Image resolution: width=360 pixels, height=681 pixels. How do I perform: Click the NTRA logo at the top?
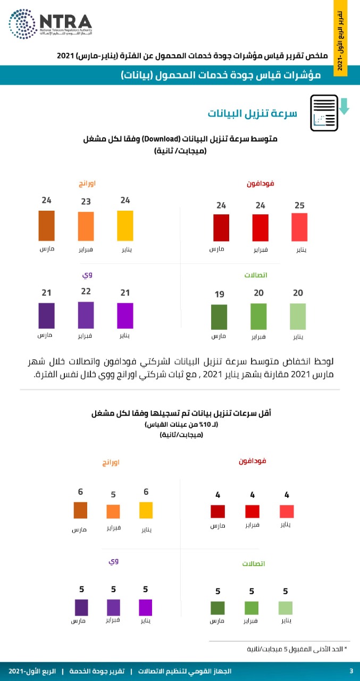pyautogui.click(x=50, y=23)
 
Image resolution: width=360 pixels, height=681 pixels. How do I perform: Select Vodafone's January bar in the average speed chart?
pyautogui.click(x=299, y=228)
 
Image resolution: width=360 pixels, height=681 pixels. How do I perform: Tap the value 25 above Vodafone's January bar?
pyautogui.click(x=299, y=205)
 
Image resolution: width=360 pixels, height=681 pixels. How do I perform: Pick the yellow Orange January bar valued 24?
pyautogui.click(x=125, y=226)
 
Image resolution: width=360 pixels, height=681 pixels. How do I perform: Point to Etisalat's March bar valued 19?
pyautogui.click(x=219, y=317)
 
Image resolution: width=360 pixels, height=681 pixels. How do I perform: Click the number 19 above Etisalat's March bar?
pyautogui.click(x=219, y=294)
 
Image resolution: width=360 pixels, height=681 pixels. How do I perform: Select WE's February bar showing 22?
pyautogui.click(x=86, y=315)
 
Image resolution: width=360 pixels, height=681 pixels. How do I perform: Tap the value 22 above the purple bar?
pyautogui.click(x=86, y=292)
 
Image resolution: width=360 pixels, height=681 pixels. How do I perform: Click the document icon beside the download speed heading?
pyautogui.click(x=324, y=112)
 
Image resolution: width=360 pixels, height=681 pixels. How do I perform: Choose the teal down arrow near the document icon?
pyautogui.click(x=344, y=105)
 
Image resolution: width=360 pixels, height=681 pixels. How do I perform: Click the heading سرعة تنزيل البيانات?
pyautogui.click(x=252, y=113)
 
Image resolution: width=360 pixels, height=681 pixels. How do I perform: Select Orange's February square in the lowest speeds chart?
pyautogui.click(x=113, y=511)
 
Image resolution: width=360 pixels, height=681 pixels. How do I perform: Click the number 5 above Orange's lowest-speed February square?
pyautogui.click(x=113, y=494)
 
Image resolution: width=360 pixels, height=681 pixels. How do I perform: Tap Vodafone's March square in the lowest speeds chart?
pyautogui.click(x=217, y=511)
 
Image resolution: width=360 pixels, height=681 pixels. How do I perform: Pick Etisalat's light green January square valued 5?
pyautogui.click(x=286, y=608)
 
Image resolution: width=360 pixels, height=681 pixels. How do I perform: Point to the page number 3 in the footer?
pyautogui.click(x=351, y=670)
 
